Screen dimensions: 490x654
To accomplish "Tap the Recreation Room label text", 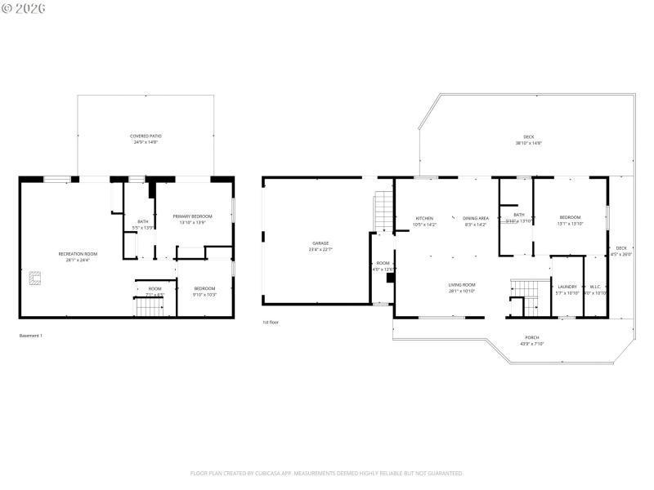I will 78,256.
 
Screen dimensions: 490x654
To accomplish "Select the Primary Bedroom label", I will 192,219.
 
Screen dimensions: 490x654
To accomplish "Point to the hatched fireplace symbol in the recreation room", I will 33,278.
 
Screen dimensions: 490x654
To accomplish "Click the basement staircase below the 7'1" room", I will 148,307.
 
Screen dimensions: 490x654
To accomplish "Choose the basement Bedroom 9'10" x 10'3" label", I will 204,291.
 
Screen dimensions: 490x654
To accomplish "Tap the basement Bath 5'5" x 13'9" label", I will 143,224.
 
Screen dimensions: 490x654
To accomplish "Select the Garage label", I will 320,245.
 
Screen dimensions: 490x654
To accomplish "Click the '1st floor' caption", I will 271,323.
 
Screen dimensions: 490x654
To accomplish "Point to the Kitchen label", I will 425,220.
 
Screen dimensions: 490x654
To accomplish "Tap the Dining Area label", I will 476,220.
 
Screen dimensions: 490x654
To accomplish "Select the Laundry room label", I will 567,289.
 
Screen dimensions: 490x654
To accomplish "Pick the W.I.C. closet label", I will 595,289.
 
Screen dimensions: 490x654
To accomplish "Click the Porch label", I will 531,340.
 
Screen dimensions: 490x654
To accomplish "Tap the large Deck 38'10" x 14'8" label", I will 529,140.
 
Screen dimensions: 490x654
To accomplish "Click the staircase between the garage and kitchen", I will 383,212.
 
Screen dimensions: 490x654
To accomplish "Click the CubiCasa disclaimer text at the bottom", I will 327,473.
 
